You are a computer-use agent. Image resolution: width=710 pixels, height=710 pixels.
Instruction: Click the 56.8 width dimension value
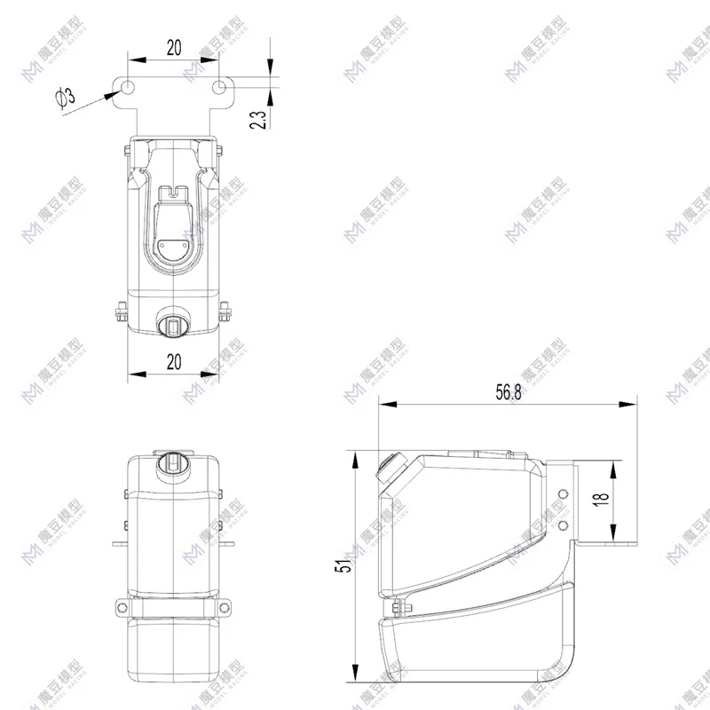click(509, 392)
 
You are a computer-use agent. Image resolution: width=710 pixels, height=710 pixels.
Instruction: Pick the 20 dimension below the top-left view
click(173, 360)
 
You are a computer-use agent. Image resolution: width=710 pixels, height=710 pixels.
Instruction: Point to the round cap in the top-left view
click(173, 326)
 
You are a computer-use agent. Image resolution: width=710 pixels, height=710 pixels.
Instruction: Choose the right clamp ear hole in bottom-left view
click(227, 608)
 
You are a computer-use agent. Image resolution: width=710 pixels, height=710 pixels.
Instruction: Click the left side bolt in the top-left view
click(121, 312)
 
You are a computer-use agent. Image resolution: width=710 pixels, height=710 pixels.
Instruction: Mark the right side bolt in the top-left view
click(226, 312)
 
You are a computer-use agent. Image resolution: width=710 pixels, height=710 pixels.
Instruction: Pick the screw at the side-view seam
click(395, 607)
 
